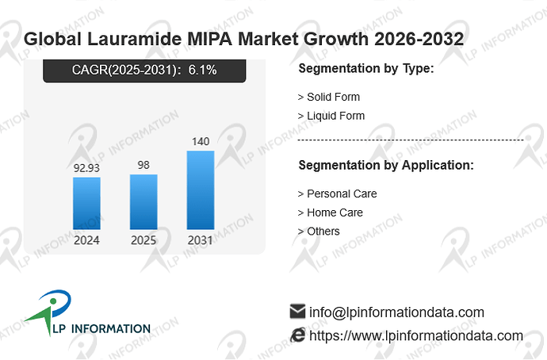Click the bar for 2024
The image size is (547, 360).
coord(86,203)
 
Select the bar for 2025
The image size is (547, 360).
coord(143,202)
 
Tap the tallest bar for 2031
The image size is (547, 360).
coord(201,190)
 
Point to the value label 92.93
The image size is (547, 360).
coord(86,168)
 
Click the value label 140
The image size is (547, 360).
coord(201,141)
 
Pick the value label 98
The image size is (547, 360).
coord(143,165)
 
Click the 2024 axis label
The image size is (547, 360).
coord(86,240)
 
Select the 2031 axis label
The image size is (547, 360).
coord(201,240)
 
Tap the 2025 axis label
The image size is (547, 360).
coord(143,240)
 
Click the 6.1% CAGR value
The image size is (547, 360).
coord(202,70)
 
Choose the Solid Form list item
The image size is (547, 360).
coord(329,97)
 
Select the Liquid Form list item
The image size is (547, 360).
coord(331,116)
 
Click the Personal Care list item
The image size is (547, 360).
coord(337,193)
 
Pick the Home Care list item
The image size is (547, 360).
coord(330,213)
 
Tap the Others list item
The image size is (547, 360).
coord(319,232)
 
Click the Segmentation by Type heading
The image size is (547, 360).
coord(366,68)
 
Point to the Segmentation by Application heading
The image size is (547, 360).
coord(386,165)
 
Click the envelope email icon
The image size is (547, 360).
coord(297,311)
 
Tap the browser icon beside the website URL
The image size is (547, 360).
coord(298,335)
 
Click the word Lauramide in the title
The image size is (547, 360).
coord(134,39)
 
